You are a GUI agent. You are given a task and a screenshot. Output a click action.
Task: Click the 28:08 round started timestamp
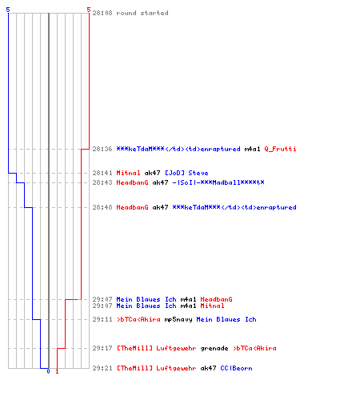click(x=102, y=13)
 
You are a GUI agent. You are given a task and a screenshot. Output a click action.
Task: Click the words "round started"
click(x=142, y=13)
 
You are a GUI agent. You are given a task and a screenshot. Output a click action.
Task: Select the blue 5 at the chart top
click(x=8, y=10)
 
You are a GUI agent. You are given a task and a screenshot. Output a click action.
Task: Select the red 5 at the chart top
click(x=89, y=10)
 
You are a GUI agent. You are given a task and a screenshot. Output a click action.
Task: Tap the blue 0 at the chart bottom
click(x=48, y=371)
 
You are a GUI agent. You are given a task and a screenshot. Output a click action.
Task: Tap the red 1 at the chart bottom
click(x=57, y=371)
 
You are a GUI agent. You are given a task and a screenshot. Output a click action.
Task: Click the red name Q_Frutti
click(x=280, y=149)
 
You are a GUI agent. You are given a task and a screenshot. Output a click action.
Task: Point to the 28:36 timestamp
click(x=102, y=149)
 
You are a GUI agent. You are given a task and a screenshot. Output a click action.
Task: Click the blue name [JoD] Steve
click(x=186, y=173)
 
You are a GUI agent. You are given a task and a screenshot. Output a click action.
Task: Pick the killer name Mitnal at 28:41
click(x=128, y=173)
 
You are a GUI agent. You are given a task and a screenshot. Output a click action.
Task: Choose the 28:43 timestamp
click(x=102, y=182)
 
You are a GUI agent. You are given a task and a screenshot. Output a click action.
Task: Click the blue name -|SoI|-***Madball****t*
click(x=218, y=182)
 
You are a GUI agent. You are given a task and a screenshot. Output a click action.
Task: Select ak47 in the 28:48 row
click(x=160, y=207)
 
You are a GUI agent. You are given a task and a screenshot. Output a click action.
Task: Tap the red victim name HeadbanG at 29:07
click(x=216, y=299)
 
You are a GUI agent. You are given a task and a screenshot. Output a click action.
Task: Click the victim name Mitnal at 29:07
click(x=212, y=306)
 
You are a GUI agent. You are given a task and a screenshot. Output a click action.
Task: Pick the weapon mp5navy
click(x=178, y=319)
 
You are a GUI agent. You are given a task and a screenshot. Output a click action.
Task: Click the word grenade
click(x=214, y=348)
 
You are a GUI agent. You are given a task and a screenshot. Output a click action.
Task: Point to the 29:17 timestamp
click(x=102, y=348)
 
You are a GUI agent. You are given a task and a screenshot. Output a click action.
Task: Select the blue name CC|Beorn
click(x=236, y=368)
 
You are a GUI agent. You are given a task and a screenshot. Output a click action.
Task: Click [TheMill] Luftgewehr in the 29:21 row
click(x=157, y=368)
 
